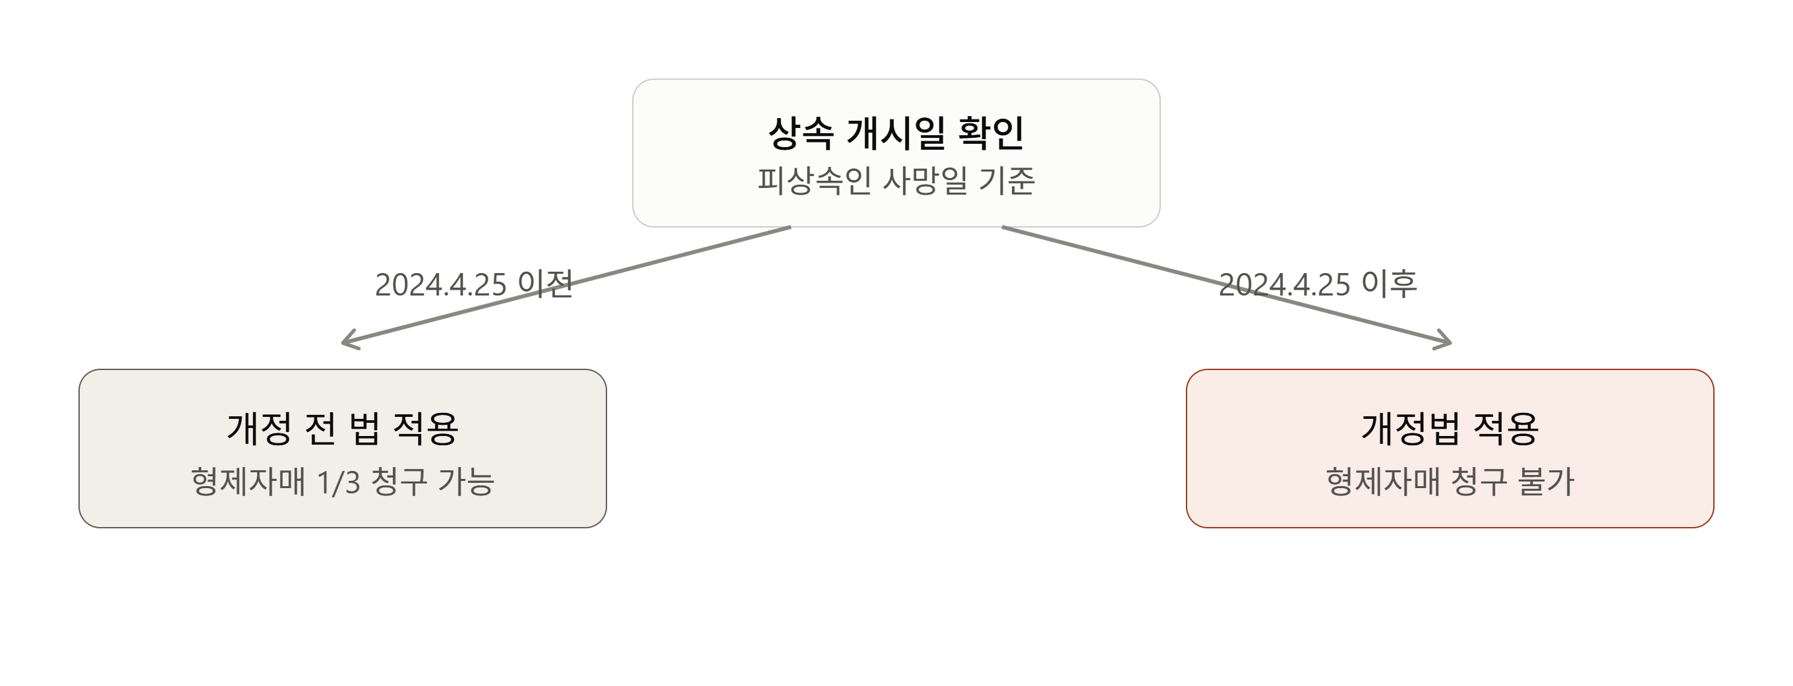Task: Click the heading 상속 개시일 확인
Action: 896,133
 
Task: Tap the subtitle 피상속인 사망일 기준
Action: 896,180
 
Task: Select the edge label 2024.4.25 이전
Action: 474,284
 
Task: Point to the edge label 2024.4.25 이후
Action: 1318,284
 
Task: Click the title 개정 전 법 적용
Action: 343,428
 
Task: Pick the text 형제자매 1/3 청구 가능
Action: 343,482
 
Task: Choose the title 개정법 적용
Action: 1450,428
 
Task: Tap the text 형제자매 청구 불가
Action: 1450,482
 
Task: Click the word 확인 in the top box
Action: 991,133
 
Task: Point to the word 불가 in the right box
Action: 1546,482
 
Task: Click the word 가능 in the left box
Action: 466,482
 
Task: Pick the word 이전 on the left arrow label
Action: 546,284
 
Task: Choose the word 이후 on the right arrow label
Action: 1390,284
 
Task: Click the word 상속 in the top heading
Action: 800,133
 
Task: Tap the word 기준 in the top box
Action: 1007,180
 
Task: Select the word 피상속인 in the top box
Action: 814,180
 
